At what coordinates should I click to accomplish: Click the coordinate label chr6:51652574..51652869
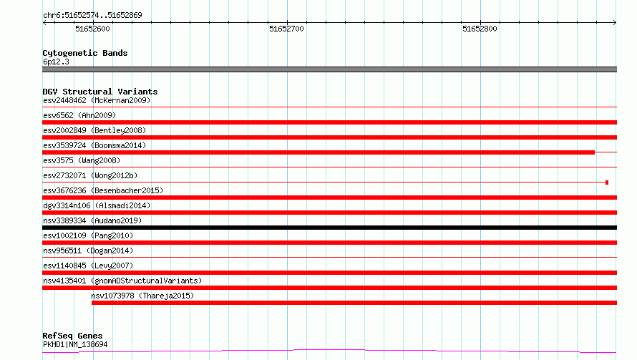(x=92, y=16)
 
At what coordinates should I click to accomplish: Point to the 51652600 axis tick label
(x=92, y=29)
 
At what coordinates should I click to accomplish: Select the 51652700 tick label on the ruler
(x=286, y=29)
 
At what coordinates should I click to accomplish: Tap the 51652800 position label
(x=480, y=29)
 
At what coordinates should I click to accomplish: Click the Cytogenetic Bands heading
(x=85, y=53)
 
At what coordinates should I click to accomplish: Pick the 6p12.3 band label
(x=56, y=62)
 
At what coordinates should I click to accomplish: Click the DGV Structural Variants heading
(x=100, y=92)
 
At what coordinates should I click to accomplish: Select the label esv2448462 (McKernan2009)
(x=97, y=100)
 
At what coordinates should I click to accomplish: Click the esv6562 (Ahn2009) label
(x=79, y=115)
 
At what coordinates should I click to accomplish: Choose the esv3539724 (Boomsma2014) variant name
(x=94, y=145)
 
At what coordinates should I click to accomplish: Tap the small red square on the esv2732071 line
(x=607, y=183)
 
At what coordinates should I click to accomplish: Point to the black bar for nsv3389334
(x=329, y=228)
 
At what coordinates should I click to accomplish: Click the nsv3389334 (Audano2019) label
(x=92, y=220)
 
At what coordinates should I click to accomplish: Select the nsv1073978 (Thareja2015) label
(x=142, y=296)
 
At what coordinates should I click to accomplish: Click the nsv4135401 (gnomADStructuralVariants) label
(x=122, y=281)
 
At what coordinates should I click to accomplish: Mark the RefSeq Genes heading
(x=73, y=336)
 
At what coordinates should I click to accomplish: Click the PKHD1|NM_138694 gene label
(x=75, y=344)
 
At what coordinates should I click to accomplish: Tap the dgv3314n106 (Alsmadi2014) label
(x=97, y=205)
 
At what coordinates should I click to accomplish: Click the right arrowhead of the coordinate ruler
(x=615, y=23)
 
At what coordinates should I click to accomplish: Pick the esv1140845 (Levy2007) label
(x=88, y=266)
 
